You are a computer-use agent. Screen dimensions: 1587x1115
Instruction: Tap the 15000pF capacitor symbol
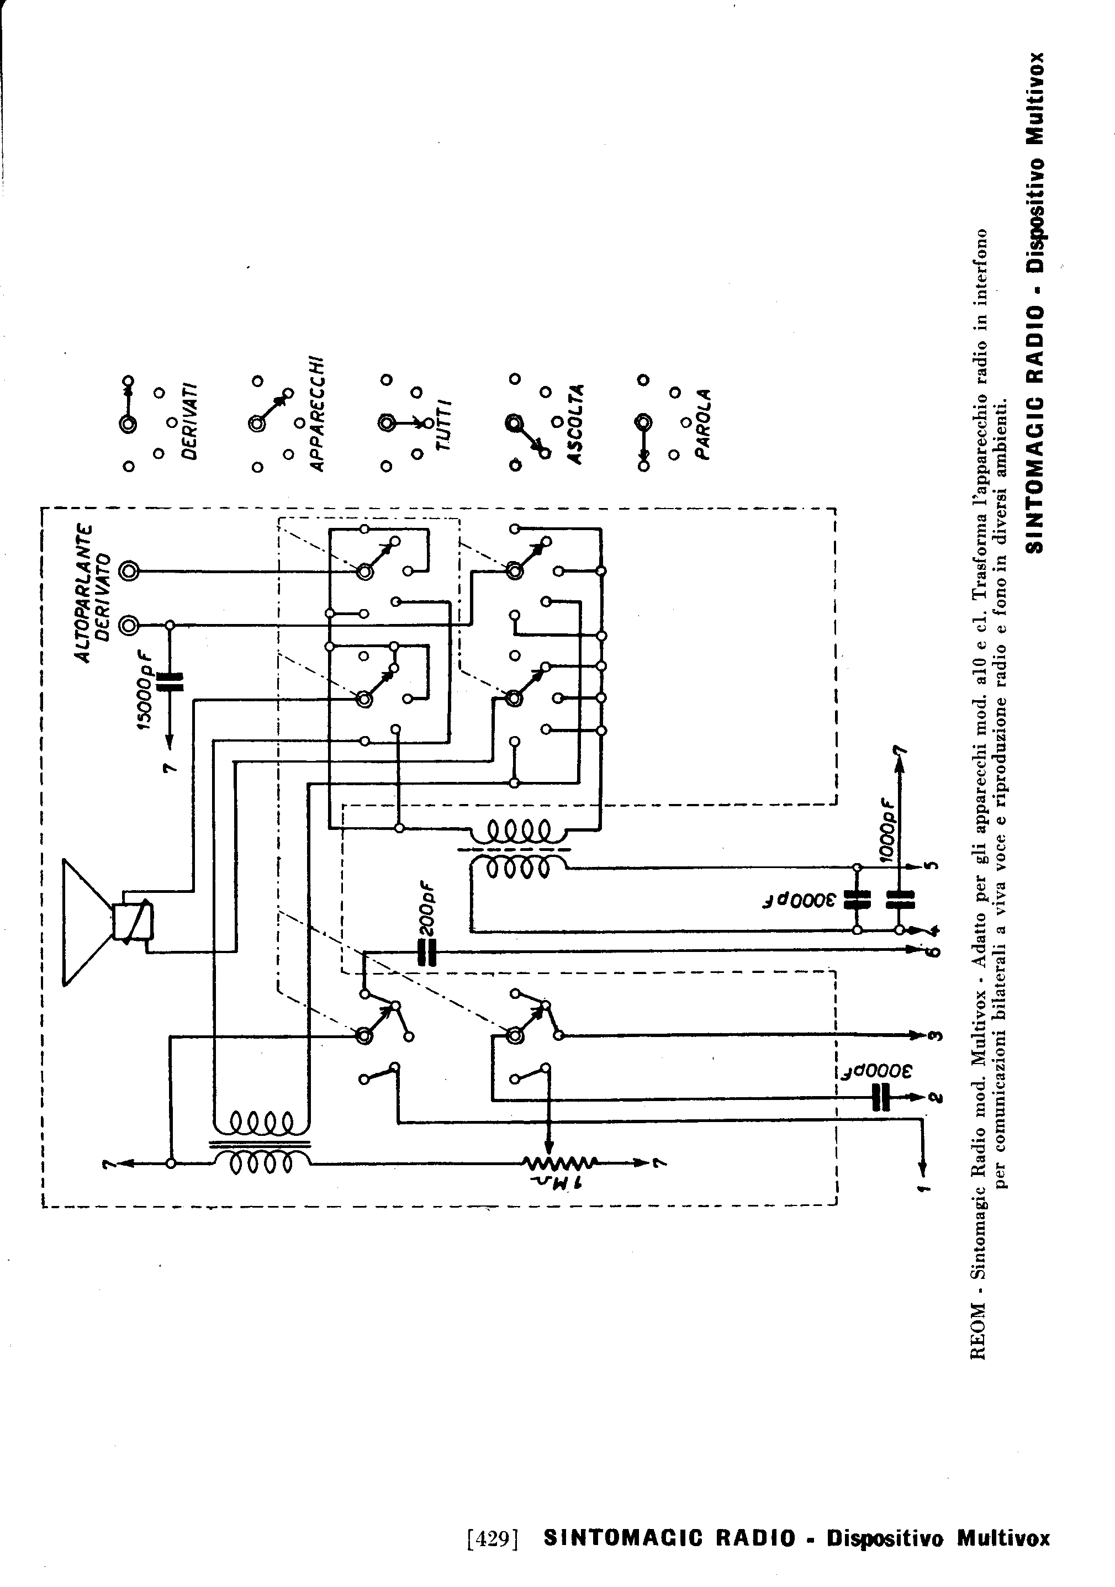tap(171, 681)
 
